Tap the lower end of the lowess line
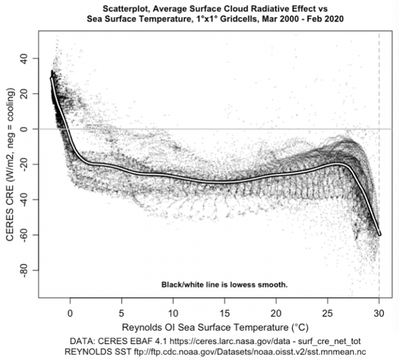(380, 234)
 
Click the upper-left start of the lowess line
(52, 78)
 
